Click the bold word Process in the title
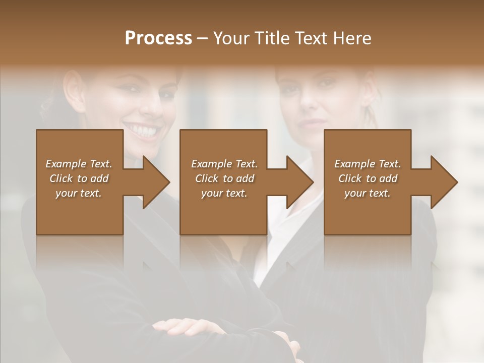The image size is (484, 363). click(x=158, y=38)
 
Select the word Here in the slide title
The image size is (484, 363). click(x=351, y=38)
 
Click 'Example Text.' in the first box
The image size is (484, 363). click(x=79, y=164)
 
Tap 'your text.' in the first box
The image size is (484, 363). click(x=79, y=193)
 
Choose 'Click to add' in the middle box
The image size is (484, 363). click(x=224, y=178)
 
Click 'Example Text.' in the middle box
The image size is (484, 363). click(x=224, y=164)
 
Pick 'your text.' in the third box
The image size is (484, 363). click(x=368, y=193)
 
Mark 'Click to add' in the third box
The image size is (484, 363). click(x=368, y=178)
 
